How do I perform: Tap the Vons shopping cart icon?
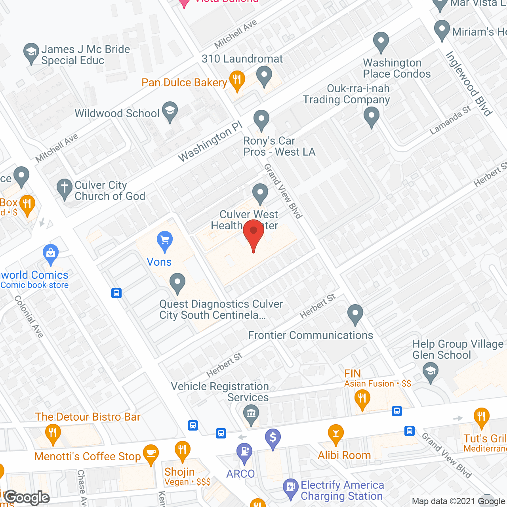(164, 240)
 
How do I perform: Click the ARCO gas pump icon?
(244, 452)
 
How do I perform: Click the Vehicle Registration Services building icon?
(250, 415)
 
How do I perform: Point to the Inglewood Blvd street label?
(469, 84)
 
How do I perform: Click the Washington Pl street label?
(210, 141)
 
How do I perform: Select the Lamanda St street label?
(450, 120)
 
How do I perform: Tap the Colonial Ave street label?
(29, 316)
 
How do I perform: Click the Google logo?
(27, 497)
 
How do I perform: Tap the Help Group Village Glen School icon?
(430, 372)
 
